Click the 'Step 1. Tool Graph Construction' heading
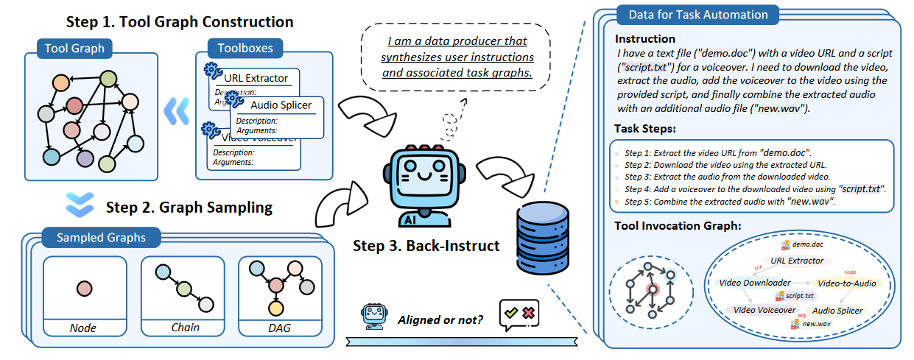[180, 22]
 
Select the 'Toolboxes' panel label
[245, 49]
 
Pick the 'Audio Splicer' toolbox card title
[281, 105]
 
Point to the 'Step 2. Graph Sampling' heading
[189, 207]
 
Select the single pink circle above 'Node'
[84, 288]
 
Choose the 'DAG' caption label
[280, 327]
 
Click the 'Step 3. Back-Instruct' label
[426, 245]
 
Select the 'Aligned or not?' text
[440, 320]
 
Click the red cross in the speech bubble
[527, 313]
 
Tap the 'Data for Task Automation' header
[697, 15]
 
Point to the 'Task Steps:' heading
[644, 129]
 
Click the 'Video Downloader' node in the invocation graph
[754, 283]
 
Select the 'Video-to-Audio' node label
[846, 283]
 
